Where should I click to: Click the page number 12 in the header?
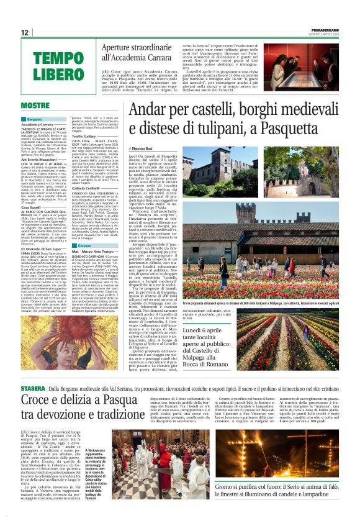(x=25, y=32)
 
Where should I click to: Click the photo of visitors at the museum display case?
(x=300, y=66)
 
